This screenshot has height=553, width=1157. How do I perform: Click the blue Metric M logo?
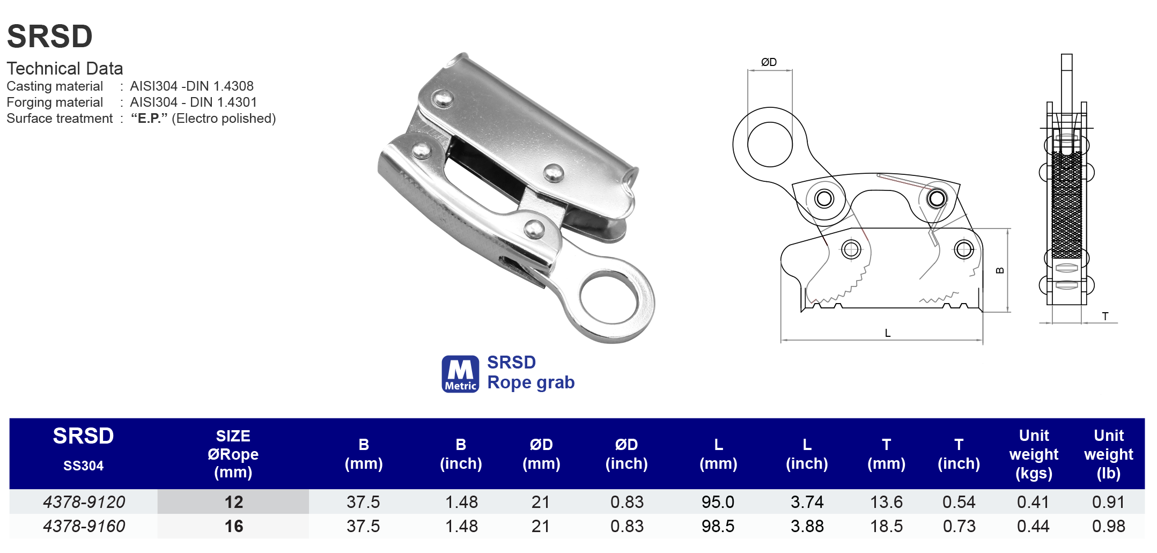[460, 374]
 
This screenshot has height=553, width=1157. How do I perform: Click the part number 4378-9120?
[84, 502]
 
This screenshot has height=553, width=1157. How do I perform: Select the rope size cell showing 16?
[233, 526]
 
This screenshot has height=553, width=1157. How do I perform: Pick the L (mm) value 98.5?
[718, 526]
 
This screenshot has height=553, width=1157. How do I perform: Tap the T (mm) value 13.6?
[886, 502]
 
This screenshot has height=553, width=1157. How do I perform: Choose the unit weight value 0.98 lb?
[1108, 526]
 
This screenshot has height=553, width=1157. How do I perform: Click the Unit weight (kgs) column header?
[1034, 454]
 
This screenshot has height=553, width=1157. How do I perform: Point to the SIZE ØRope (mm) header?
[233, 454]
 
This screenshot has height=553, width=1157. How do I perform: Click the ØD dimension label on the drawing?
[769, 62]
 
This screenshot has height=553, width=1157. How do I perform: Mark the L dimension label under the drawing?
[888, 333]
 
